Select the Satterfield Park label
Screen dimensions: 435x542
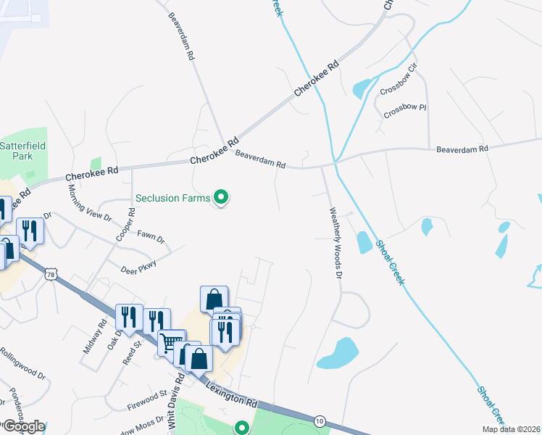pyautogui.click(x=22, y=151)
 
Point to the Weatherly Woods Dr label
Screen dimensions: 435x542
pyautogui.click(x=335, y=244)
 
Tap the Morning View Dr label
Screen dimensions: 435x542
pyautogui.click(x=91, y=202)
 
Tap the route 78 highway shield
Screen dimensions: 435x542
pyautogui.click(x=50, y=274)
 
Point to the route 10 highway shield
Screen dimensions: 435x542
pyautogui.click(x=320, y=420)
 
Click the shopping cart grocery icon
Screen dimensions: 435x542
pyautogui.click(x=172, y=343)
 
